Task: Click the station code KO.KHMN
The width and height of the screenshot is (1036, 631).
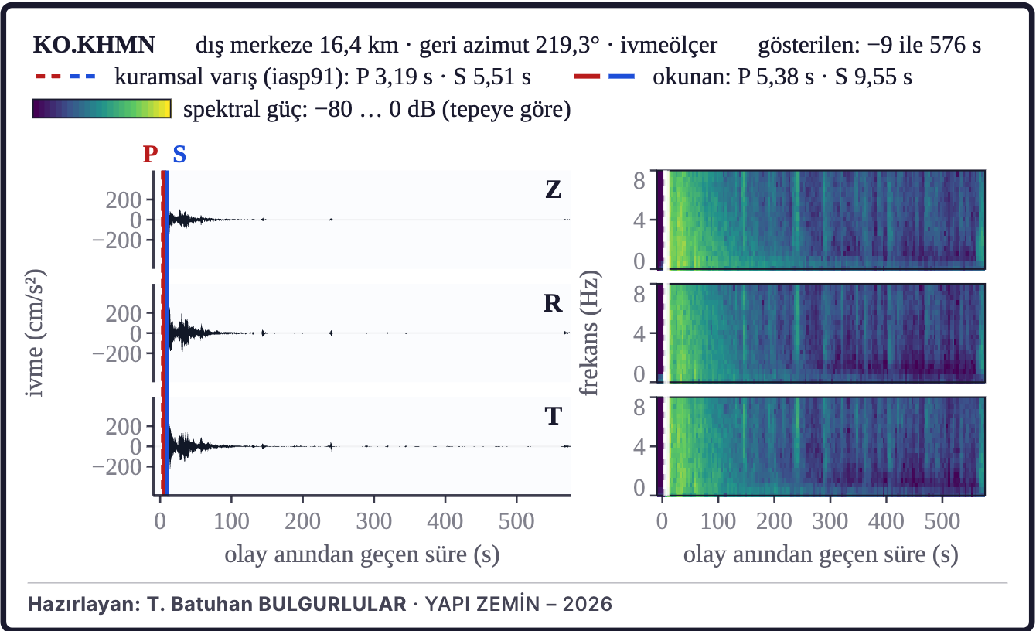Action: click(x=94, y=45)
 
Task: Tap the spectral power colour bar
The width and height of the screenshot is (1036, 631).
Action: click(x=102, y=109)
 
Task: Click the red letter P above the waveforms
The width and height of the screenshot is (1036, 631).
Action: click(x=150, y=154)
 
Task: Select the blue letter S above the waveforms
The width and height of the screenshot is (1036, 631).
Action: click(x=179, y=154)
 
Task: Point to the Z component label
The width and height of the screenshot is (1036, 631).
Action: click(x=553, y=189)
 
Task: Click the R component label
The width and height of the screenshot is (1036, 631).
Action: click(x=553, y=303)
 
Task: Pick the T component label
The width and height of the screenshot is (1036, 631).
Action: click(x=553, y=416)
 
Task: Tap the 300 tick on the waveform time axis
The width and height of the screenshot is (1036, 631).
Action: click(x=373, y=521)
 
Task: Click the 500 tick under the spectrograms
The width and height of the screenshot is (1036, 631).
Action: click(x=942, y=521)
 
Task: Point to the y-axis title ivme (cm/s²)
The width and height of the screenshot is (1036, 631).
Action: click(x=35, y=333)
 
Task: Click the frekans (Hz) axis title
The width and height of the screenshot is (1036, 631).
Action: click(x=590, y=333)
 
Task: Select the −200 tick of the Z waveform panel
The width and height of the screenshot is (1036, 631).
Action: click(x=117, y=240)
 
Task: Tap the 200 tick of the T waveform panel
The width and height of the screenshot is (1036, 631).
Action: click(x=124, y=427)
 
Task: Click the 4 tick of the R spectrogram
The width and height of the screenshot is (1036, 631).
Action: click(x=639, y=333)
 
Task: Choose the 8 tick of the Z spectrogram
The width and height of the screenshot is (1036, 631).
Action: click(x=639, y=180)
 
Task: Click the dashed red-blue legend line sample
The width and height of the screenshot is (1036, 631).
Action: click(x=65, y=77)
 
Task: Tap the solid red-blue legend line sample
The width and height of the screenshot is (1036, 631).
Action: click(x=604, y=77)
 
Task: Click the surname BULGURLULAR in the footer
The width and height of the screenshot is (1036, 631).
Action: click(x=332, y=604)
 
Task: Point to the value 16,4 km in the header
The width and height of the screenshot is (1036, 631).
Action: click(x=359, y=45)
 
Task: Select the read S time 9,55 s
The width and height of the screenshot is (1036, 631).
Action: click(x=873, y=77)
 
